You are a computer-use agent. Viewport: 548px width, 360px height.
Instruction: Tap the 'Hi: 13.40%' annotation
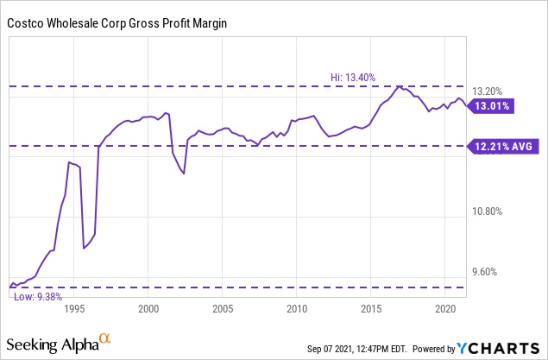point(352,78)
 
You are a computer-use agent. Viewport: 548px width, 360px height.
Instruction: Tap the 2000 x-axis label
point(148,308)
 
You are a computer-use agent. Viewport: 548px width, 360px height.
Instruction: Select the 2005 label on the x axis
point(223,308)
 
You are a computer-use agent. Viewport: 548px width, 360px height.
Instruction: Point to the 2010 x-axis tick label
point(297,308)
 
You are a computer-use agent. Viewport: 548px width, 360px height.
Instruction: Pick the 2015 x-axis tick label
point(371,308)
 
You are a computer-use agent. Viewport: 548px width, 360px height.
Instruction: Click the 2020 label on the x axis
point(445,308)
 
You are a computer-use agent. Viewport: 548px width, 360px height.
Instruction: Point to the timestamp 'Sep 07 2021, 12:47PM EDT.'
point(362,349)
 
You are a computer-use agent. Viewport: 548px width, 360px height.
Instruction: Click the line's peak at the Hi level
point(398,86)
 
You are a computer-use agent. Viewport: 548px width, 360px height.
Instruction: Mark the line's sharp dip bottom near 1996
point(84,249)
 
